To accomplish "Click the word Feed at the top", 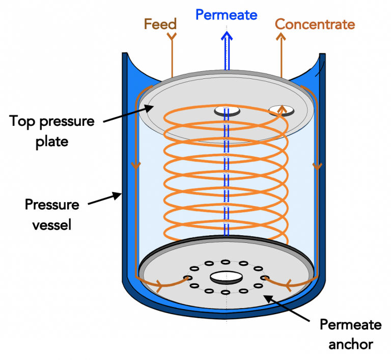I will click(160, 24).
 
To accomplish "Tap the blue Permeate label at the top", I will click(227, 15).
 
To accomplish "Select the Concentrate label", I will click(315, 24).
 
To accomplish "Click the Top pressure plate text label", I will click(52, 131).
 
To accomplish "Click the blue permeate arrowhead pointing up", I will click(227, 37).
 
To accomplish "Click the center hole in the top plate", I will click(227, 111).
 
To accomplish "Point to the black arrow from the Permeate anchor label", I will click(288, 307).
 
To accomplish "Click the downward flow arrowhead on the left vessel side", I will click(135, 166).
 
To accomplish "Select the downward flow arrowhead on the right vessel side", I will click(318, 166).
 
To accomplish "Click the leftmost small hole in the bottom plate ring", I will click(188, 278).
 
